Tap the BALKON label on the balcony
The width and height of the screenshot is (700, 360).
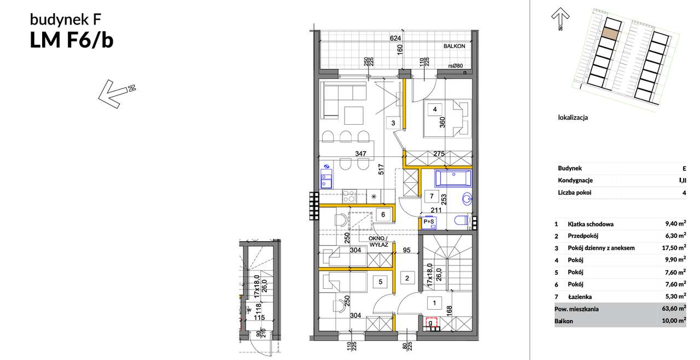click(x=454, y=47)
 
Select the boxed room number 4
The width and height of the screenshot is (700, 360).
click(x=434, y=109)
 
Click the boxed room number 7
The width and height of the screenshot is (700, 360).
click(x=431, y=196)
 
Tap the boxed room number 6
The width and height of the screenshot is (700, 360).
click(x=383, y=215)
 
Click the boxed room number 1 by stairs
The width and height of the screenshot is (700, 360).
click(x=434, y=301)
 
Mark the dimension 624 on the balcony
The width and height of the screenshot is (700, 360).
click(x=395, y=38)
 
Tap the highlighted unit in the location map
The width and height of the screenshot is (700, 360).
click(x=610, y=32)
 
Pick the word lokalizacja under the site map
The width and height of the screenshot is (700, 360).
click(x=573, y=117)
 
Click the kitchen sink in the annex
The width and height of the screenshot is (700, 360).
click(x=326, y=178)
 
